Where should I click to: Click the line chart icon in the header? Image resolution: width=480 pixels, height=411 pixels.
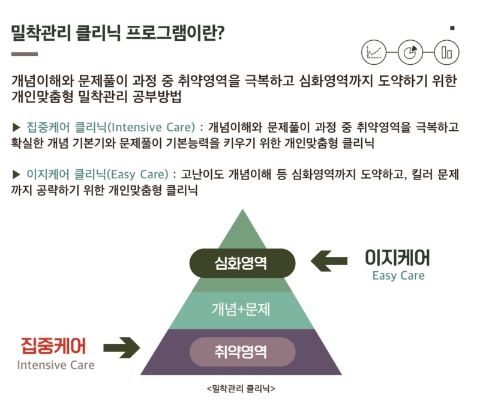click(x=374, y=52)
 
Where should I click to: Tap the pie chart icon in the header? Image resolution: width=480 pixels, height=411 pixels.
click(x=410, y=52)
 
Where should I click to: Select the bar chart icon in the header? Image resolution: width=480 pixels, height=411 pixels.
click(x=446, y=52)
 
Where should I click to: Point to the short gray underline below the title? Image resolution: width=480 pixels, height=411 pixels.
click(x=25, y=54)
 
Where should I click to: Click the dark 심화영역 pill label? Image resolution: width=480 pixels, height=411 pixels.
click(x=242, y=263)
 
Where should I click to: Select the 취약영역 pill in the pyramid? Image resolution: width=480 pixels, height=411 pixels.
click(x=242, y=352)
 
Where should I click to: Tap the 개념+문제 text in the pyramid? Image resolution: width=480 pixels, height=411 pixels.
click(x=241, y=309)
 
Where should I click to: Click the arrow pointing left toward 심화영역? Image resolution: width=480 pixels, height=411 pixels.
click(x=329, y=261)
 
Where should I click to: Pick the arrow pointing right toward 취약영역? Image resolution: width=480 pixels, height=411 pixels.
click(x=122, y=347)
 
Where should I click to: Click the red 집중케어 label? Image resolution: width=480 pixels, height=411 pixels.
click(x=53, y=346)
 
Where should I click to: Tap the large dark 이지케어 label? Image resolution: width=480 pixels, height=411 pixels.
click(x=398, y=257)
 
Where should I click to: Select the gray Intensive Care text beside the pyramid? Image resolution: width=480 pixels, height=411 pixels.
click(x=56, y=365)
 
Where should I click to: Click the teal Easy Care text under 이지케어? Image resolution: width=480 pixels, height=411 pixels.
click(x=398, y=276)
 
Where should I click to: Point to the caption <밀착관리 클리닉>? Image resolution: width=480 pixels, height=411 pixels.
click(x=241, y=389)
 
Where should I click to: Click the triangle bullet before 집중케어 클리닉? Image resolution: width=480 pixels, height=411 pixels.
click(x=16, y=127)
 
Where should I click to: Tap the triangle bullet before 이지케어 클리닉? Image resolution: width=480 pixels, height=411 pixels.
click(x=16, y=175)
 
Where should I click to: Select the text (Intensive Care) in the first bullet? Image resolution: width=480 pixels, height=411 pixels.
click(x=152, y=127)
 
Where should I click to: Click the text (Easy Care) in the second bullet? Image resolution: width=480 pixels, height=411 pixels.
click(x=137, y=175)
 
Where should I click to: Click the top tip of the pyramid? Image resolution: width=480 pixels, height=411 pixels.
click(x=242, y=209)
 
